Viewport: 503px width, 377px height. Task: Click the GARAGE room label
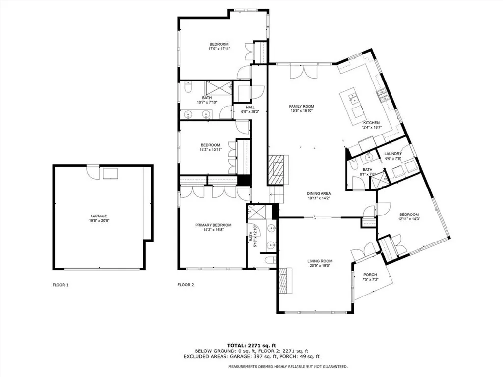tap(99, 216)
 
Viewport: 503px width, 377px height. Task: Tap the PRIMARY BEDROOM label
tap(213, 225)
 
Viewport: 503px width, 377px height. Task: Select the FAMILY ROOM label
tap(302, 106)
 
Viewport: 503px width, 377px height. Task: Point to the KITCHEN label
tap(371, 123)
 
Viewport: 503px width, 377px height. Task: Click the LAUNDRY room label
tap(393, 154)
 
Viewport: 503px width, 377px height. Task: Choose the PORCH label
tap(370, 275)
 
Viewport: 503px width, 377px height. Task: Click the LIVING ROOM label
tap(320, 261)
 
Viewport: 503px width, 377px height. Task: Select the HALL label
tap(251, 107)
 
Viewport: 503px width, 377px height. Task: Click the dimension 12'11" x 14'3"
tap(409, 219)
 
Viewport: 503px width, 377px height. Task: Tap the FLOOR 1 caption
tap(60, 284)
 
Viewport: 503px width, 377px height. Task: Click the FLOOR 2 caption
tap(185, 284)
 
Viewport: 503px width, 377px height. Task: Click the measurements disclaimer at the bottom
tap(288, 367)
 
